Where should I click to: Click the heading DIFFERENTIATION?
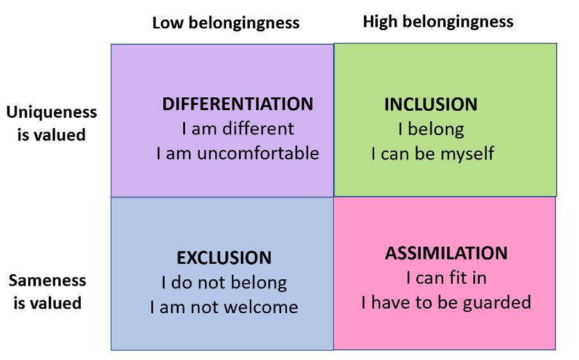click(x=238, y=104)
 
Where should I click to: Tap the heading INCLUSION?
click(x=430, y=104)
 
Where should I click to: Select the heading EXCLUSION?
click(x=224, y=258)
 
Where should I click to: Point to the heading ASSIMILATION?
click(x=446, y=253)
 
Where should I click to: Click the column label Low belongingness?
click(x=225, y=23)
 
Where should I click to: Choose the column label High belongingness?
click(x=438, y=22)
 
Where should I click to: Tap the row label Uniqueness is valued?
click(x=51, y=124)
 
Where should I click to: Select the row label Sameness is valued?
click(x=47, y=291)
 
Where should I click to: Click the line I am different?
click(x=238, y=129)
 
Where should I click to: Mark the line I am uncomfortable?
click(x=238, y=154)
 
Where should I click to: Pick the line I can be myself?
click(x=432, y=154)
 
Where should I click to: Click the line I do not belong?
click(x=224, y=282)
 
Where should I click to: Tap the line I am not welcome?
click(x=224, y=307)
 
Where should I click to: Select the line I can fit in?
click(x=446, y=278)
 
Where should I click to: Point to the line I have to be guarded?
click(x=446, y=302)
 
